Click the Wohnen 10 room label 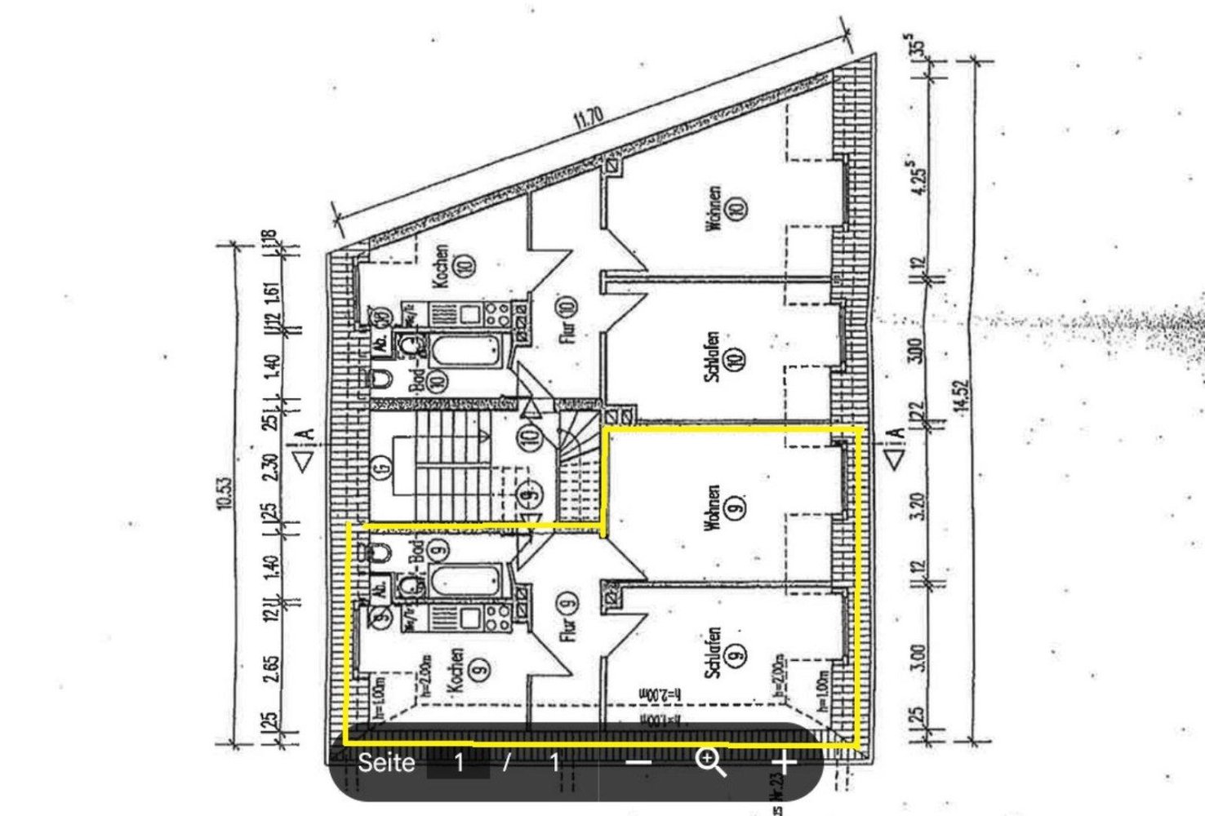tap(726, 209)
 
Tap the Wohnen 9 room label tap(724, 508)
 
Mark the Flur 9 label tap(567, 615)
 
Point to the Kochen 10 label tap(454, 266)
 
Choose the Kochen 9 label tap(469, 671)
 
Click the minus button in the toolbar tap(640, 763)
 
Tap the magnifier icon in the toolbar tap(709, 763)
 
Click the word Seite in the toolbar tap(386, 763)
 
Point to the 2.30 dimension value tap(272, 466)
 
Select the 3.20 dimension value tap(918, 507)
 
